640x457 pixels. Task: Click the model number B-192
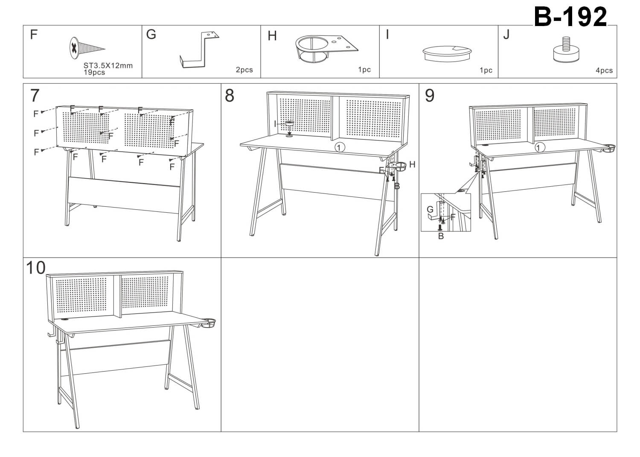pos(570,17)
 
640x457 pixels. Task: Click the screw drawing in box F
pos(87,48)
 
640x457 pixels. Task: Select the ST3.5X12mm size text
pos(108,66)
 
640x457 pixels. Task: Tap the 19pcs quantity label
pos(94,72)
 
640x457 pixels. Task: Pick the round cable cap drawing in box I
pos(447,53)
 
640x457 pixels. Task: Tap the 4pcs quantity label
pos(604,70)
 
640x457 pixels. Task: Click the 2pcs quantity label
pos(244,70)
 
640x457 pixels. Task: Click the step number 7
pos(35,95)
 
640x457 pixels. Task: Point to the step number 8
pos(230,95)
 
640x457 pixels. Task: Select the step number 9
pos(429,95)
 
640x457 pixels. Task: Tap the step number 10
pos(36,268)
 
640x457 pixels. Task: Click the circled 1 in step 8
pos(340,148)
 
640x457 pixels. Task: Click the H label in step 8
pos(412,164)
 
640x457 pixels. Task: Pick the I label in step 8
pos(275,124)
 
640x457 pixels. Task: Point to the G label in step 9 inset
pos(430,210)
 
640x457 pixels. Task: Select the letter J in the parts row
pos(506,35)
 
